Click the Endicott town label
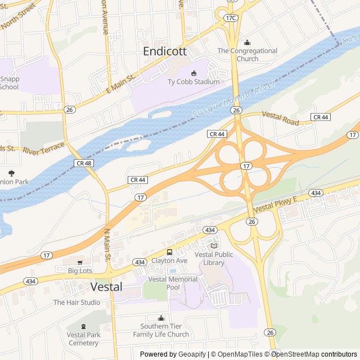point(165,51)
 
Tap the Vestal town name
point(106,286)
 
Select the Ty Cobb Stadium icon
point(194,73)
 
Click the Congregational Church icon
point(247,42)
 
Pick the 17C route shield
point(231,18)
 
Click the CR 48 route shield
point(82,163)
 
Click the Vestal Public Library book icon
point(213,246)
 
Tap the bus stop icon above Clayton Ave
point(169,252)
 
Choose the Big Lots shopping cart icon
point(80,262)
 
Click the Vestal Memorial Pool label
point(173,283)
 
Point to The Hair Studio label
point(76,302)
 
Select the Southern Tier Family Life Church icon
point(161,318)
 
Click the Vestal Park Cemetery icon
point(83,326)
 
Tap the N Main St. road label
point(107,245)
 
